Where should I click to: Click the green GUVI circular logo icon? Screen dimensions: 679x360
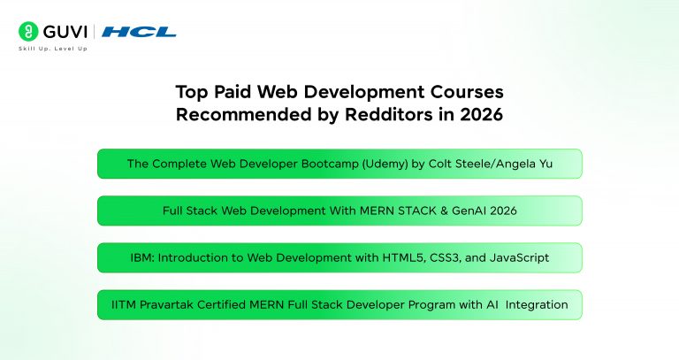pos(28,32)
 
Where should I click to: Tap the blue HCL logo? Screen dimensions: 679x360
pos(139,32)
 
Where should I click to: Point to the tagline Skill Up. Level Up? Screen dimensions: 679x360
pos(53,49)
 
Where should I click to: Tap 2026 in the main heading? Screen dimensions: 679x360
pos(481,114)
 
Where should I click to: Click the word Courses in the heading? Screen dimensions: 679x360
pos(467,92)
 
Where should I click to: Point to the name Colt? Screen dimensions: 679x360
pos(439,164)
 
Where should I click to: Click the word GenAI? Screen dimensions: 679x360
pos(468,211)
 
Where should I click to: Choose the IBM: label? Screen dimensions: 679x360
pos(142,257)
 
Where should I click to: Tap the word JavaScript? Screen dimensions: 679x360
pos(519,258)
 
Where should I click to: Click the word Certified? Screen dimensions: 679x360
pos(221,304)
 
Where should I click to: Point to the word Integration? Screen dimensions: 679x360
pos(537,305)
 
